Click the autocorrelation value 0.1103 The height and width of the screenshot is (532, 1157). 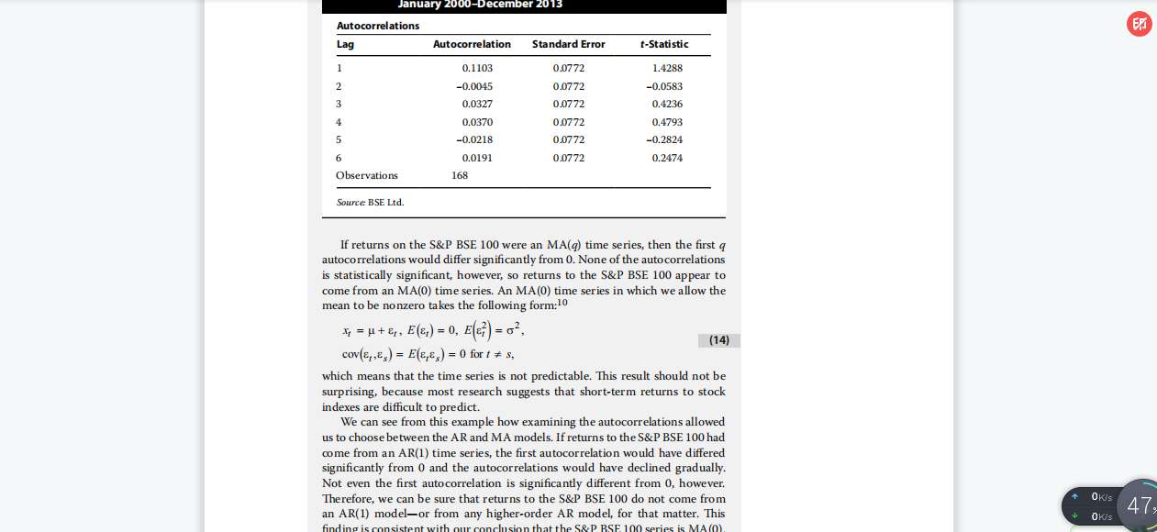(x=477, y=68)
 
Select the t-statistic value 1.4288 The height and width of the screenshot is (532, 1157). (x=667, y=68)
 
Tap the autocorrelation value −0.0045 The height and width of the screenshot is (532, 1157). (x=474, y=86)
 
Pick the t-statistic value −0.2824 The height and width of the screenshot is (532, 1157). (x=664, y=139)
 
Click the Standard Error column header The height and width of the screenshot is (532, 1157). (x=568, y=44)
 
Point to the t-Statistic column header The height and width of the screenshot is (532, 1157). (x=664, y=44)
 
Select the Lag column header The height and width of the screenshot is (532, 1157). (x=345, y=44)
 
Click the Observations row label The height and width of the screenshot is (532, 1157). (x=367, y=175)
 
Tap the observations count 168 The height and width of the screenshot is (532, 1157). (x=460, y=175)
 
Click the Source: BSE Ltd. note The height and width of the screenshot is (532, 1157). (x=370, y=202)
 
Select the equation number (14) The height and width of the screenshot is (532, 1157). (x=719, y=340)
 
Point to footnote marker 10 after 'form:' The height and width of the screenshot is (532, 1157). (x=562, y=302)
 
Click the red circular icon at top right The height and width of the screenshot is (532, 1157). (x=1139, y=24)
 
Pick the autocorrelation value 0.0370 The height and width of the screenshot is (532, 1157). (x=477, y=122)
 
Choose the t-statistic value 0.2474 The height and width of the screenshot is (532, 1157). (x=667, y=158)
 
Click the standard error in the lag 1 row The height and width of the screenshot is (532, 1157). (x=568, y=68)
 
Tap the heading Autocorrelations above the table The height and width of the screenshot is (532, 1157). (x=378, y=26)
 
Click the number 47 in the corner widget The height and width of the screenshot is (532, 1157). (x=1139, y=505)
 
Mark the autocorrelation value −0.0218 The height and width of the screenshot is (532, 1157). (x=474, y=139)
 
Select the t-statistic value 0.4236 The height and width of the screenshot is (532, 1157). (x=667, y=104)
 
